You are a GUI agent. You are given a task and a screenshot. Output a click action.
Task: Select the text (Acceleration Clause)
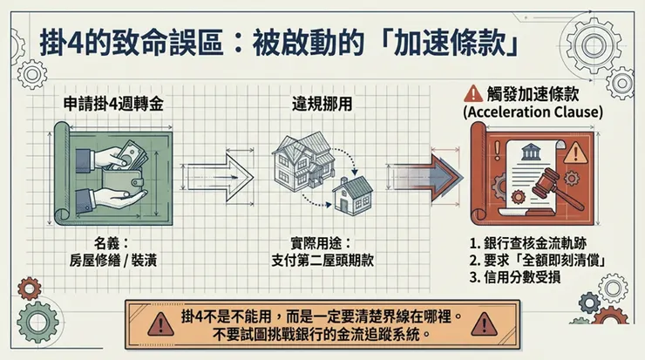tap(533, 112)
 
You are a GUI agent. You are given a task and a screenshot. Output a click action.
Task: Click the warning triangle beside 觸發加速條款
tap(473, 92)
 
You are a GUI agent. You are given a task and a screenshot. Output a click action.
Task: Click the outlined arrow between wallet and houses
tap(221, 175)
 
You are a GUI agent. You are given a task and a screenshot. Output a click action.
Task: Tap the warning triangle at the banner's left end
tap(160, 324)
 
